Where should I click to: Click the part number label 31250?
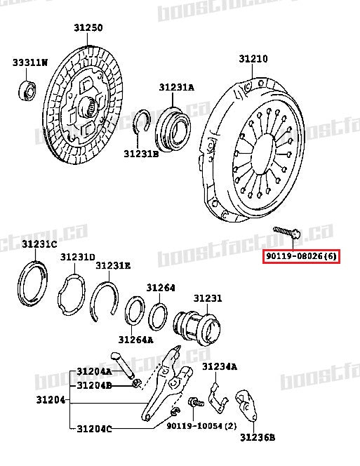(88, 27)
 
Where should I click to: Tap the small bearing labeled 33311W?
(26, 89)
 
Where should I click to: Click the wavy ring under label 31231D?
(74, 298)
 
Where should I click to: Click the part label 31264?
(161, 288)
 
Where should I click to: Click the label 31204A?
(94, 371)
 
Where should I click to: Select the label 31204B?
(94, 385)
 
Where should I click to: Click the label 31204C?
(94, 428)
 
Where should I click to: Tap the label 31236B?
(257, 437)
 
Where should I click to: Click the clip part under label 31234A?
(217, 396)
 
